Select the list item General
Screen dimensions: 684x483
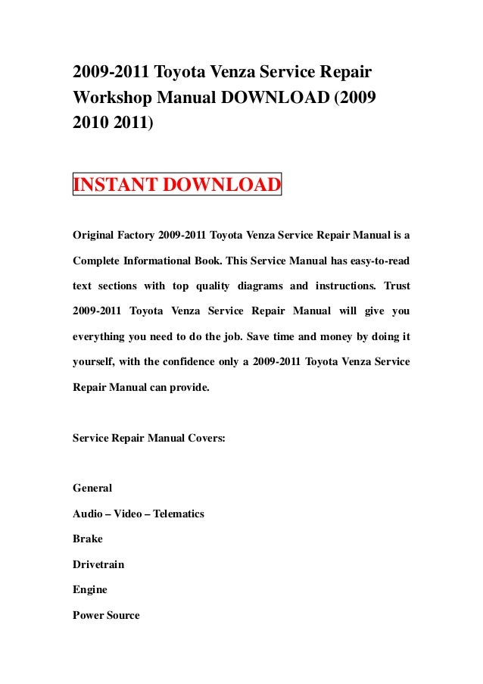coord(92,488)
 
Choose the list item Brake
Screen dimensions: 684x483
coord(88,539)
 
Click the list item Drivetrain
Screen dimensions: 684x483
coord(98,564)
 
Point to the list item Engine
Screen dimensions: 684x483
coord(90,589)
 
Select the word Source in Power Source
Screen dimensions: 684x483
coord(123,615)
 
